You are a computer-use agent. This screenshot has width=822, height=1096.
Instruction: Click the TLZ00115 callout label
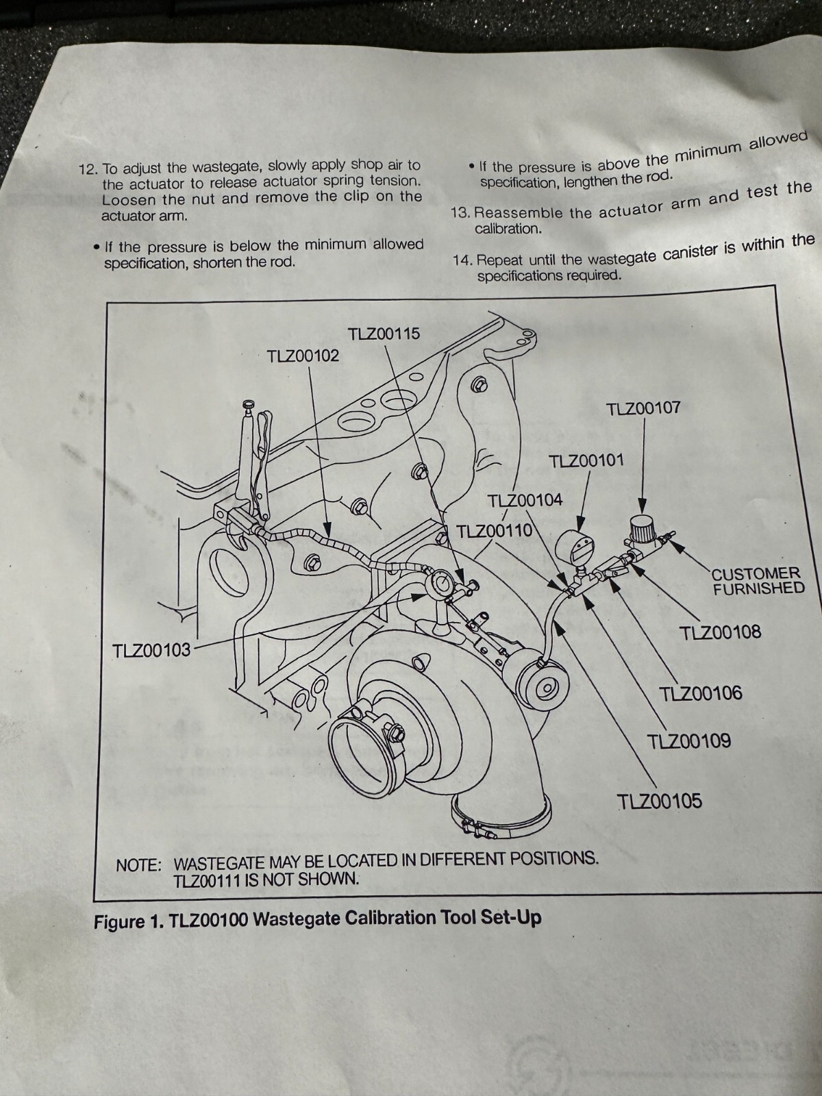(x=384, y=334)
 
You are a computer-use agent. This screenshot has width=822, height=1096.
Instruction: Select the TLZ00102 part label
(x=303, y=356)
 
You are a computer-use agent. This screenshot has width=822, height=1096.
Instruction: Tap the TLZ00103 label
(x=151, y=650)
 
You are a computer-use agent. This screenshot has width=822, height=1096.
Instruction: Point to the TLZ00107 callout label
(x=643, y=408)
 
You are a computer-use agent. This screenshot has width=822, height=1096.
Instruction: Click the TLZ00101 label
(x=586, y=460)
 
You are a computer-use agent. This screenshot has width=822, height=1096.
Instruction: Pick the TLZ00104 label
(x=525, y=500)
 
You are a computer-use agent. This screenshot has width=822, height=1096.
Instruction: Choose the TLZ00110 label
(x=495, y=530)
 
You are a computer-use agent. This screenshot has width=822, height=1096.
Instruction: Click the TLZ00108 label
(x=721, y=633)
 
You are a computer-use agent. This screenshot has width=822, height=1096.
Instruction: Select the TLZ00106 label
(x=701, y=693)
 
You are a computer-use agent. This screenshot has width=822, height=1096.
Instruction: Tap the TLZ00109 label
(x=688, y=740)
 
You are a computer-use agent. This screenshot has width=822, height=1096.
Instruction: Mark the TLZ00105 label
(x=660, y=801)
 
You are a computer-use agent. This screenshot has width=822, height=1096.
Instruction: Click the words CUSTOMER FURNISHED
(x=757, y=581)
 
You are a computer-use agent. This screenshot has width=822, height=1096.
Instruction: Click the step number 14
(x=461, y=260)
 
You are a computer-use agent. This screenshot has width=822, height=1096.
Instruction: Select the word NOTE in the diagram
(x=138, y=865)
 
